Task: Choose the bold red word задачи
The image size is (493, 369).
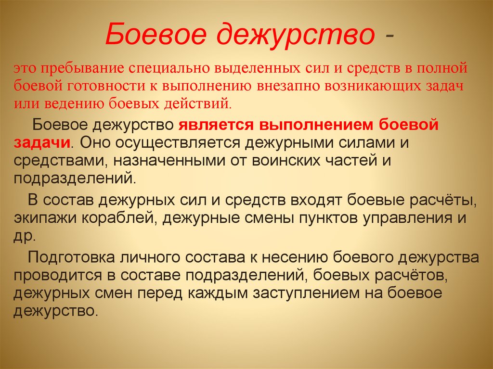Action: tap(42, 143)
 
